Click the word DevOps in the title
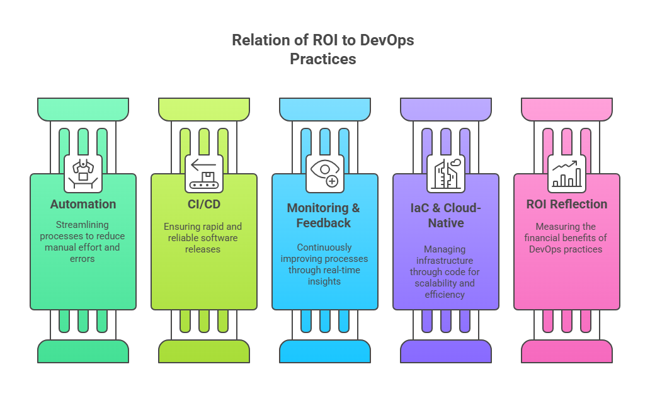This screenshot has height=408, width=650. click(x=387, y=41)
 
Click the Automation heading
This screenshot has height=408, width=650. click(x=83, y=204)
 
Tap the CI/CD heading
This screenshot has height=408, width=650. click(x=204, y=204)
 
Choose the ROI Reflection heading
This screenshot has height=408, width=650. click(x=567, y=204)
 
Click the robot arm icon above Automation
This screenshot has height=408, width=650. click(x=83, y=173)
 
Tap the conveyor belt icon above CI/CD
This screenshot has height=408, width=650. click(x=204, y=173)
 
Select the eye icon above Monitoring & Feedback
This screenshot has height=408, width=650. click(x=325, y=173)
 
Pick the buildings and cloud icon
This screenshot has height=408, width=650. click(x=446, y=173)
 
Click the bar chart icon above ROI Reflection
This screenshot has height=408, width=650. click(x=567, y=173)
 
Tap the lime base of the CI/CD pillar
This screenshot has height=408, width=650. click(x=204, y=351)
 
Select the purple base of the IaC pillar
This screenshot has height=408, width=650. click(x=446, y=351)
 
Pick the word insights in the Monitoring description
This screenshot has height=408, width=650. click(x=325, y=281)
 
